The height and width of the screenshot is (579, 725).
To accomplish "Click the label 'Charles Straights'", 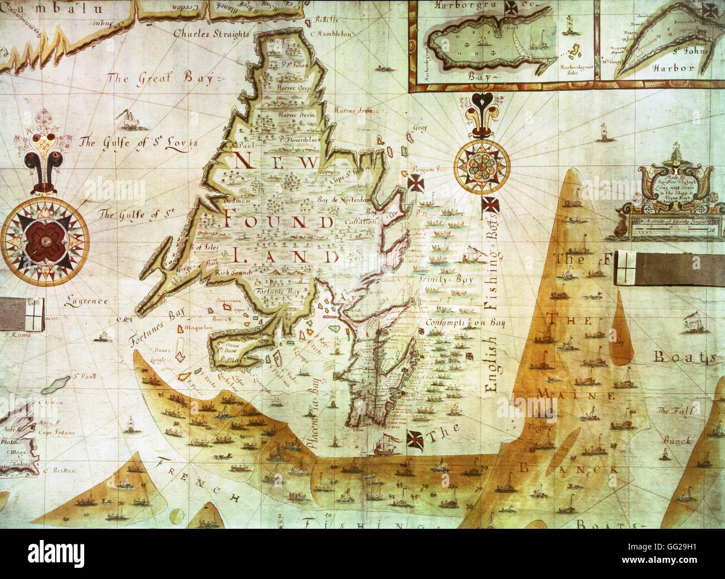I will click(x=210, y=34).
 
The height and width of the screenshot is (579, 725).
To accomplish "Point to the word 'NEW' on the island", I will click(x=277, y=163).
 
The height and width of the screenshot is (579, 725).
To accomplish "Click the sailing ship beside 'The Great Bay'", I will click(x=129, y=118).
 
